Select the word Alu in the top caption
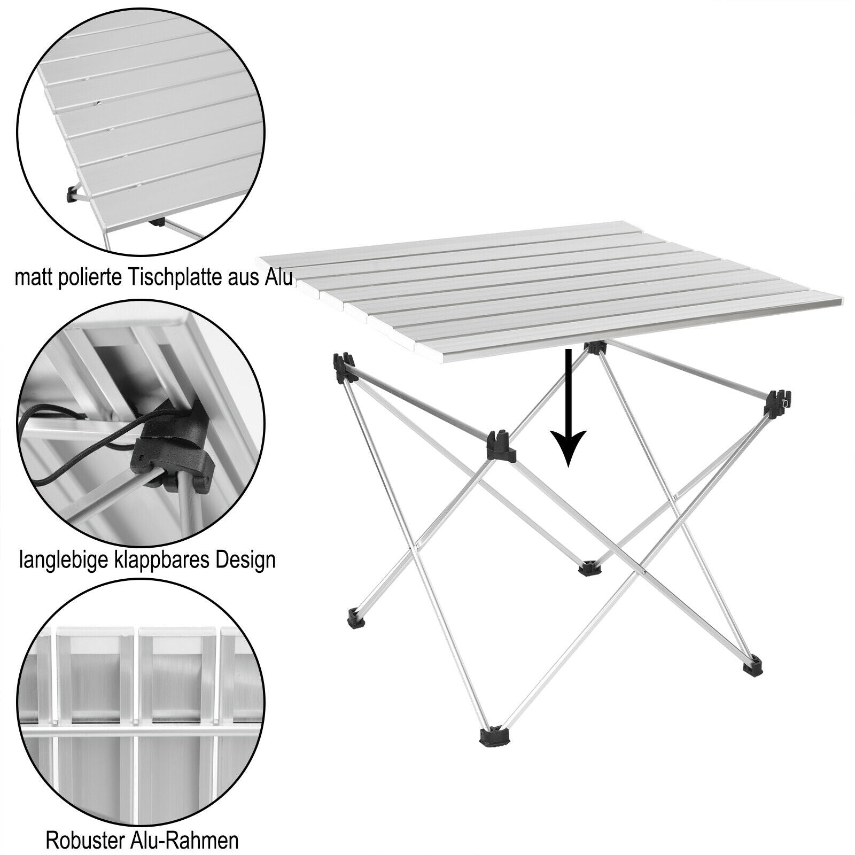coord(278,278)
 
